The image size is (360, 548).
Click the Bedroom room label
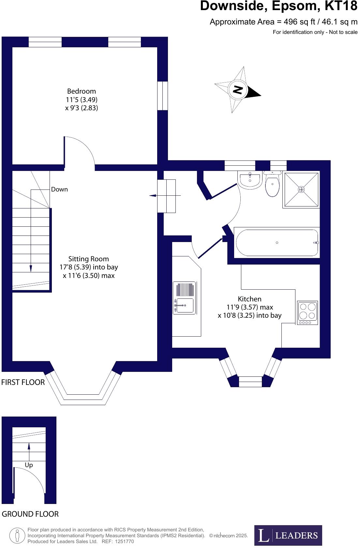[x=82, y=91]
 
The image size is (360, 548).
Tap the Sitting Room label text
[x=88, y=259]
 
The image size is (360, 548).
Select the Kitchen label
[x=249, y=299]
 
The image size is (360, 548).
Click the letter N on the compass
[x=237, y=89]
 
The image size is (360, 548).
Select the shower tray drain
[x=301, y=189]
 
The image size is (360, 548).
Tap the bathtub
[x=277, y=243]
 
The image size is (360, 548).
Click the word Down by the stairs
[x=59, y=190]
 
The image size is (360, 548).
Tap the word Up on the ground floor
[x=29, y=465]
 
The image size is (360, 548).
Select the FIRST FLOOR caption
[x=23, y=382]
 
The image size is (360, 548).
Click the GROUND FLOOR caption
[x=30, y=514]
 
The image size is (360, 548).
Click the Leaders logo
[x=288, y=535]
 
